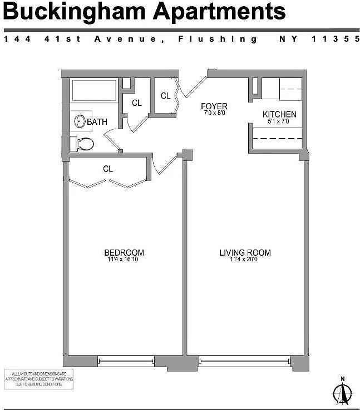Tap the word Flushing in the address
tap(218, 39)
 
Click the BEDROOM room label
tap(124, 252)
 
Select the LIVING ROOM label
tap(245, 253)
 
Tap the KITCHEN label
tap(279, 115)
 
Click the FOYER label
tap(214, 106)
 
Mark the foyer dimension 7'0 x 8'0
tap(214, 114)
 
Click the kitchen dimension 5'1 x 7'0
tap(279, 122)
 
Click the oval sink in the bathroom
tap(80, 120)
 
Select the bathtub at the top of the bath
tap(93, 90)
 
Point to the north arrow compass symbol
tap(343, 393)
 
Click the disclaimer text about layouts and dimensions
tap(39, 379)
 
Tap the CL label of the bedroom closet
tap(108, 169)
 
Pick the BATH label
tap(97, 121)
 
